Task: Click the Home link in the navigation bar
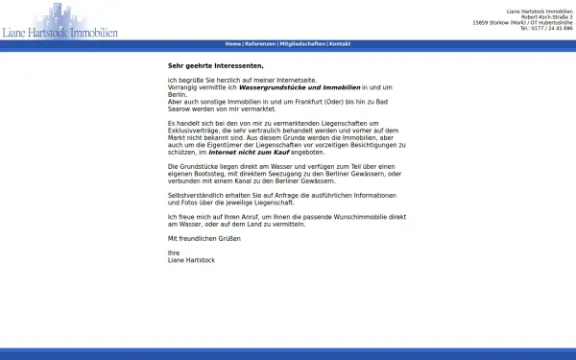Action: click(233, 44)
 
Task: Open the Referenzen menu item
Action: click(260, 44)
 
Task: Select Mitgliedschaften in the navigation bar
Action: click(302, 44)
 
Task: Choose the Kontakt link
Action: click(340, 44)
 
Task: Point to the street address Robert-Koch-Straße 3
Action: click(547, 16)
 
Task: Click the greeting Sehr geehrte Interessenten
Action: click(215, 65)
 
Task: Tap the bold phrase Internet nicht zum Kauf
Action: click(249, 152)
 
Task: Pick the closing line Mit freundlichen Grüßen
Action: click(204, 238)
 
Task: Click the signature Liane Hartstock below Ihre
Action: click(191, 260)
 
